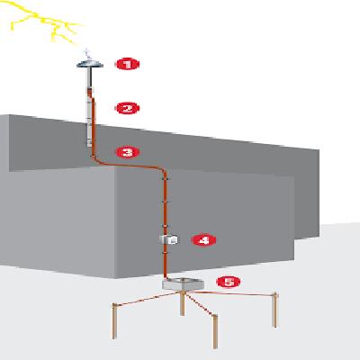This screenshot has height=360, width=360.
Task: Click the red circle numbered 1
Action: [x=128, y=64]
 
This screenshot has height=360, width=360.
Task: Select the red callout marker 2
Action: [x=128, y=108]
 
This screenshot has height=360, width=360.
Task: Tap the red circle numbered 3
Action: [x=128, y=152]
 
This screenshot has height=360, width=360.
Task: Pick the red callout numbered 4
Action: [x=204, y=240]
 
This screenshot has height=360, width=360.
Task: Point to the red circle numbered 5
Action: [x=229, y=282]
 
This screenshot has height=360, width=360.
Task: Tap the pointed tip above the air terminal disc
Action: [x=87, y=53]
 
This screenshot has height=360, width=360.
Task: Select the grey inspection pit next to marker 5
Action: [x=183, y=285]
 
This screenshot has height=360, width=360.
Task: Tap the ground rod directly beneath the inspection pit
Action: [x=183, y=306]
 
